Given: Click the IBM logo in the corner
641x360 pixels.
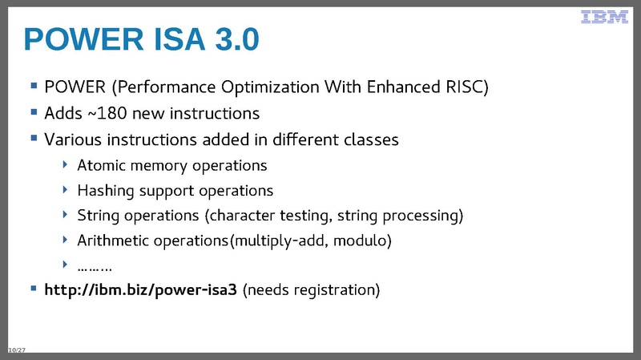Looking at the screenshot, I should click(x=604, y=17).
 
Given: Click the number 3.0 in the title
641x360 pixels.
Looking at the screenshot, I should click(x=229, y=39).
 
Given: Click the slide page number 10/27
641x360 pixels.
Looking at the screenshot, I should click(x=15, y=350).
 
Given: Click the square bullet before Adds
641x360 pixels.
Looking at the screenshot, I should click(x=34, y=112).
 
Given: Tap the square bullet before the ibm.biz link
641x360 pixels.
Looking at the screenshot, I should click(x=34, y=288).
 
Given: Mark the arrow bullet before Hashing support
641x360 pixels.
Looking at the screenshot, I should click(x=66, y=191).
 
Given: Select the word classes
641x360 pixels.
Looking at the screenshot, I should click(x=371, y=140).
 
